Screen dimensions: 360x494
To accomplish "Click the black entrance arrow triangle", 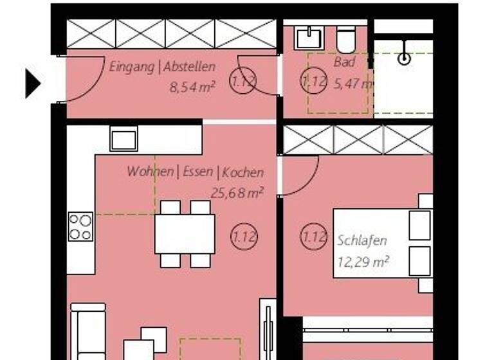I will (32, 84).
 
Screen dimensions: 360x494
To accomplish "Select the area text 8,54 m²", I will (192, 87).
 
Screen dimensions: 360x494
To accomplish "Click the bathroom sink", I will (307, 38).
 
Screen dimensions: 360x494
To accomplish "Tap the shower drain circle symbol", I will (404, 59).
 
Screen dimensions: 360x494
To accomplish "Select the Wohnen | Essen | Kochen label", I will (195, 172).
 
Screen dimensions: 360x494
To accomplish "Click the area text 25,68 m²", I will (237, 192).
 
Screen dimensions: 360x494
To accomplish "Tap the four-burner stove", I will (81, 226).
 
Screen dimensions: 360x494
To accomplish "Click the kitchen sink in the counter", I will (123, 138).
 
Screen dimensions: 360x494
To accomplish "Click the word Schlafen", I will (362, 241).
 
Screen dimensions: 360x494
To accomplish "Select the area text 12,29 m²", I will (364, 261).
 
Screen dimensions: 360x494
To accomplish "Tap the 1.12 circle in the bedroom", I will (314, 237).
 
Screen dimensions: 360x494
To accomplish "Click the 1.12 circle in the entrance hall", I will (243, 82).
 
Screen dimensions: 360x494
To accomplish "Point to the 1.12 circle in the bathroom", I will (314, 82).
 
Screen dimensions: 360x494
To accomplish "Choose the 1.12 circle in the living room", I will (244, 237).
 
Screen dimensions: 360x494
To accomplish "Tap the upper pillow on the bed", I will (419, 224).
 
